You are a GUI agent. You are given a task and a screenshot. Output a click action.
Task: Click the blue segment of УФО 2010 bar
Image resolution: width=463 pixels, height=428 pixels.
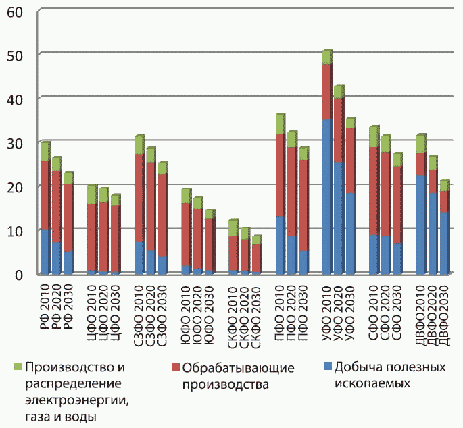click(327, 196)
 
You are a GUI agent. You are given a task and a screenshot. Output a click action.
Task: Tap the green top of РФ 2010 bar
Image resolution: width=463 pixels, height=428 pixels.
click(45, 152)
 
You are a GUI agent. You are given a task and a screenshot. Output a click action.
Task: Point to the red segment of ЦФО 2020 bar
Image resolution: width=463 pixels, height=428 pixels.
click(103, 236)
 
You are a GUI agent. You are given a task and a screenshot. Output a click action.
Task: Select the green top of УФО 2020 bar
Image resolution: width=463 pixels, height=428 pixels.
click(339, 92)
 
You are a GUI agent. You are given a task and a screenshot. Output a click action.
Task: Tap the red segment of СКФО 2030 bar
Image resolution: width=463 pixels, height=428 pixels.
click(256, 259)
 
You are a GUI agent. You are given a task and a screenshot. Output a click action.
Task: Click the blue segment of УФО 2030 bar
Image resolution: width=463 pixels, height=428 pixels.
click(350, 234)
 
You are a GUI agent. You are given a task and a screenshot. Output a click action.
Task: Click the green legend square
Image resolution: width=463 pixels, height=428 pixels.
click(18, 367)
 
